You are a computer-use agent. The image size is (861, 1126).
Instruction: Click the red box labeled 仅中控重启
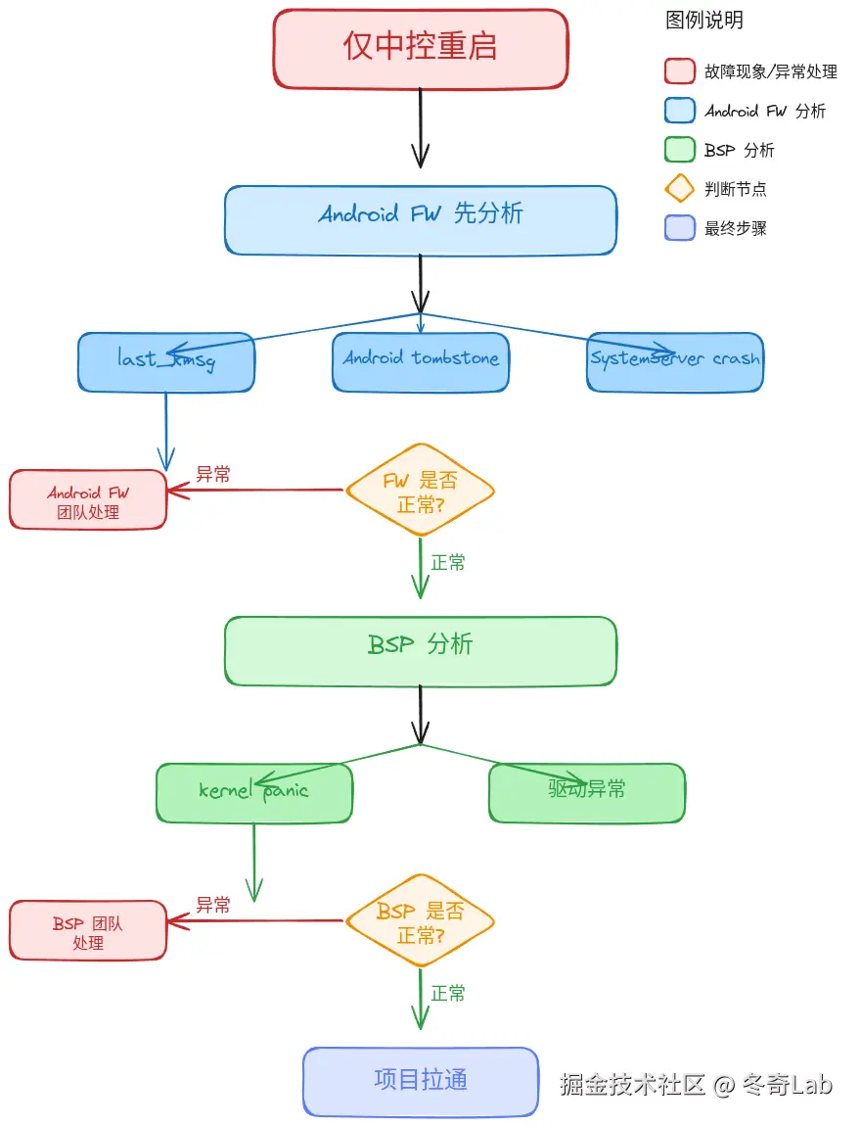pos(420,48)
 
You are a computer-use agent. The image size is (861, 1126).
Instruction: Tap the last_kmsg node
pos(166,362)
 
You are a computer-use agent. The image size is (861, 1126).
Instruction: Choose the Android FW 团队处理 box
pos(88,500)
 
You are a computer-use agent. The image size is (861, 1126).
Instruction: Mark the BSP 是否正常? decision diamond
pos(420,921)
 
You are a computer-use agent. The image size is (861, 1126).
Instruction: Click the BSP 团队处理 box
pos(88,931)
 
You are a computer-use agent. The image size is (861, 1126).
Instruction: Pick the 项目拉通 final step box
pos(420,1081)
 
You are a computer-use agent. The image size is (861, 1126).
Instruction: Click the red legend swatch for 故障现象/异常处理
pos(679,71)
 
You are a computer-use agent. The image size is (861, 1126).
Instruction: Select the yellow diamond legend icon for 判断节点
pos(679,189)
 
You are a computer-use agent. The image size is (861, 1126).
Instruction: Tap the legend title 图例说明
pos(704,21)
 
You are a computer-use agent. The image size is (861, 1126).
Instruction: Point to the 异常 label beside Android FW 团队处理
pos(213,475)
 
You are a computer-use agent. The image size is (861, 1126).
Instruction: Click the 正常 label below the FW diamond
pos(448,563)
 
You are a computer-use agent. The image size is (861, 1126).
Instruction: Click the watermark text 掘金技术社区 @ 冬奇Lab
pos(696,1085)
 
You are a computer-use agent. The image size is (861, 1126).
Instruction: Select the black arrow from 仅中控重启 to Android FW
pos(420,127)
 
